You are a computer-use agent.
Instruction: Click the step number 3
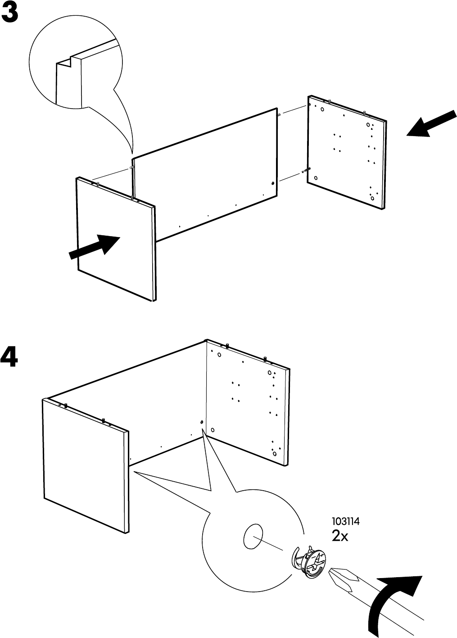click(x=10, y=14)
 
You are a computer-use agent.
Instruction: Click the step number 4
click(x=9, y=358)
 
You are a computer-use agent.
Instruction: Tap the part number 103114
click(x=346, y=522)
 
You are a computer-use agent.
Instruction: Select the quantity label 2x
click(x=340, y=536)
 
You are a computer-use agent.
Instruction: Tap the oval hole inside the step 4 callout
click(x=253, y=537)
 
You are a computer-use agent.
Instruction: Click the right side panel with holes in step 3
click(x=347, y=153)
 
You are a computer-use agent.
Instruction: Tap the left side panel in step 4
click(x=86, y=464)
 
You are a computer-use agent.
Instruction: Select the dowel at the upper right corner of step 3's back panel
click(x=279, y=114)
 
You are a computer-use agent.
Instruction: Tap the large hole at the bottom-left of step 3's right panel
click(x=315, y=178)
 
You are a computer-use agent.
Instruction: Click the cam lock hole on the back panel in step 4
click(x=201, y=423)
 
